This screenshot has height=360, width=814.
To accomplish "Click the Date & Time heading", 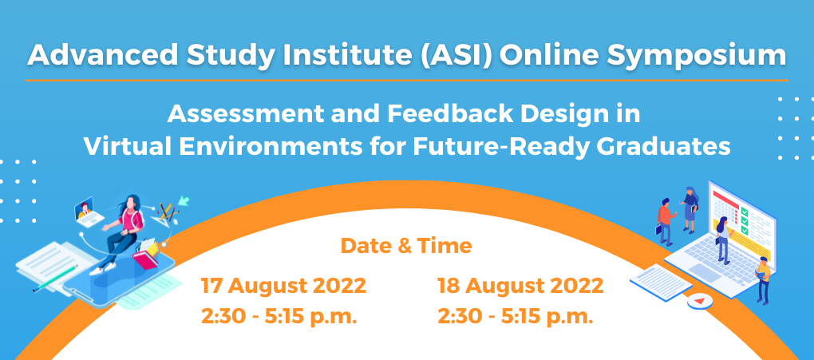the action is (x=406, y=245).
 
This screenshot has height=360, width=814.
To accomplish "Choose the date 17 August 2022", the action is (x=284, y=286).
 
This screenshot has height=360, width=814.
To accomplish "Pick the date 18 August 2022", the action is (x=520, y=286).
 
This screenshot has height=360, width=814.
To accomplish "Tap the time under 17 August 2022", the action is (x=279, y=316).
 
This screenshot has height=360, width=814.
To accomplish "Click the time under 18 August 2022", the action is (x=516, y=316).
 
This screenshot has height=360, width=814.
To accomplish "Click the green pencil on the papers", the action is (x=55, y=278).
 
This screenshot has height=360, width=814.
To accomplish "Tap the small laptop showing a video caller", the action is (x=88, y=212).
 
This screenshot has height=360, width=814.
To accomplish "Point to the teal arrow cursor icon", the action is (x=184, y=200).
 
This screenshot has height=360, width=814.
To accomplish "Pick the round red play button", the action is (x=699, y=301).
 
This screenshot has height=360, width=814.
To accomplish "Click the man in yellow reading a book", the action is (x=763, y=279).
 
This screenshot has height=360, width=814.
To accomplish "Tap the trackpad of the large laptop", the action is (x=703, y=271).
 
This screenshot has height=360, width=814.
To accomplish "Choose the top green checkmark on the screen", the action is (x=744, y=212).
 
